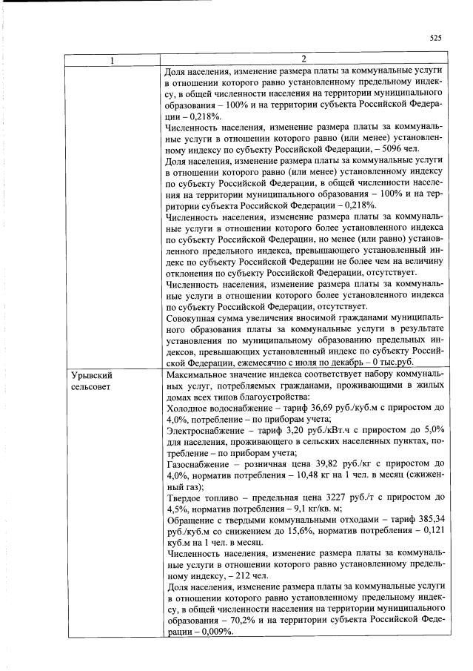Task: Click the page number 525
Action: tap(435, 38)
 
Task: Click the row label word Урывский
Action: tap(91, 376)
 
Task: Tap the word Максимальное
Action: tap(201, 376)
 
